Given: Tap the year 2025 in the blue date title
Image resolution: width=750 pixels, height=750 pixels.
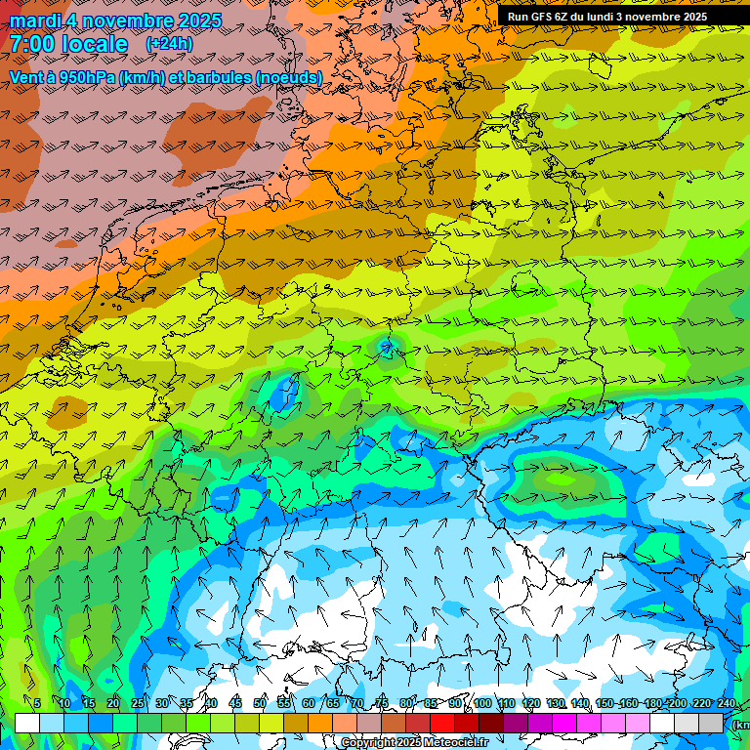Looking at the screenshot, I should point(194,21).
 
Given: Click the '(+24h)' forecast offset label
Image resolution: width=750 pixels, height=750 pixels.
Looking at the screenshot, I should point(169,44).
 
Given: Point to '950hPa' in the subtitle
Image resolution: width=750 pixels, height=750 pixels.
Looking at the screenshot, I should point(85,77).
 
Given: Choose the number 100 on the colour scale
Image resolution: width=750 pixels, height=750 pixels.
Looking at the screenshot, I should point(482,703).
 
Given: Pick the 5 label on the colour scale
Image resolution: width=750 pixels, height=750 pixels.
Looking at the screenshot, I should point(37,703).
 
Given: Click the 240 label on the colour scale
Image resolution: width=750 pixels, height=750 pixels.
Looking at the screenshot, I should point(726,703).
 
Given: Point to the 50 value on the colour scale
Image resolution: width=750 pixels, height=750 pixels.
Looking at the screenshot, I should point(260,703).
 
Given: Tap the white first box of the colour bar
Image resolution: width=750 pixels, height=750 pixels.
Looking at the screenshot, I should point(27,723).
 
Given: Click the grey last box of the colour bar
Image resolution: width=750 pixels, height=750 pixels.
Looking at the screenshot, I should point(712,723).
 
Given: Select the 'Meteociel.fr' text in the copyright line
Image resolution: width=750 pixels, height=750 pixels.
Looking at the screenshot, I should point(455,743).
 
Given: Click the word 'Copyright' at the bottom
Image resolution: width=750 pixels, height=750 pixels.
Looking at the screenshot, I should point(369,743).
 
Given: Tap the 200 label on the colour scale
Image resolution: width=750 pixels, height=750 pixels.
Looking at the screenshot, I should point(678,703).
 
